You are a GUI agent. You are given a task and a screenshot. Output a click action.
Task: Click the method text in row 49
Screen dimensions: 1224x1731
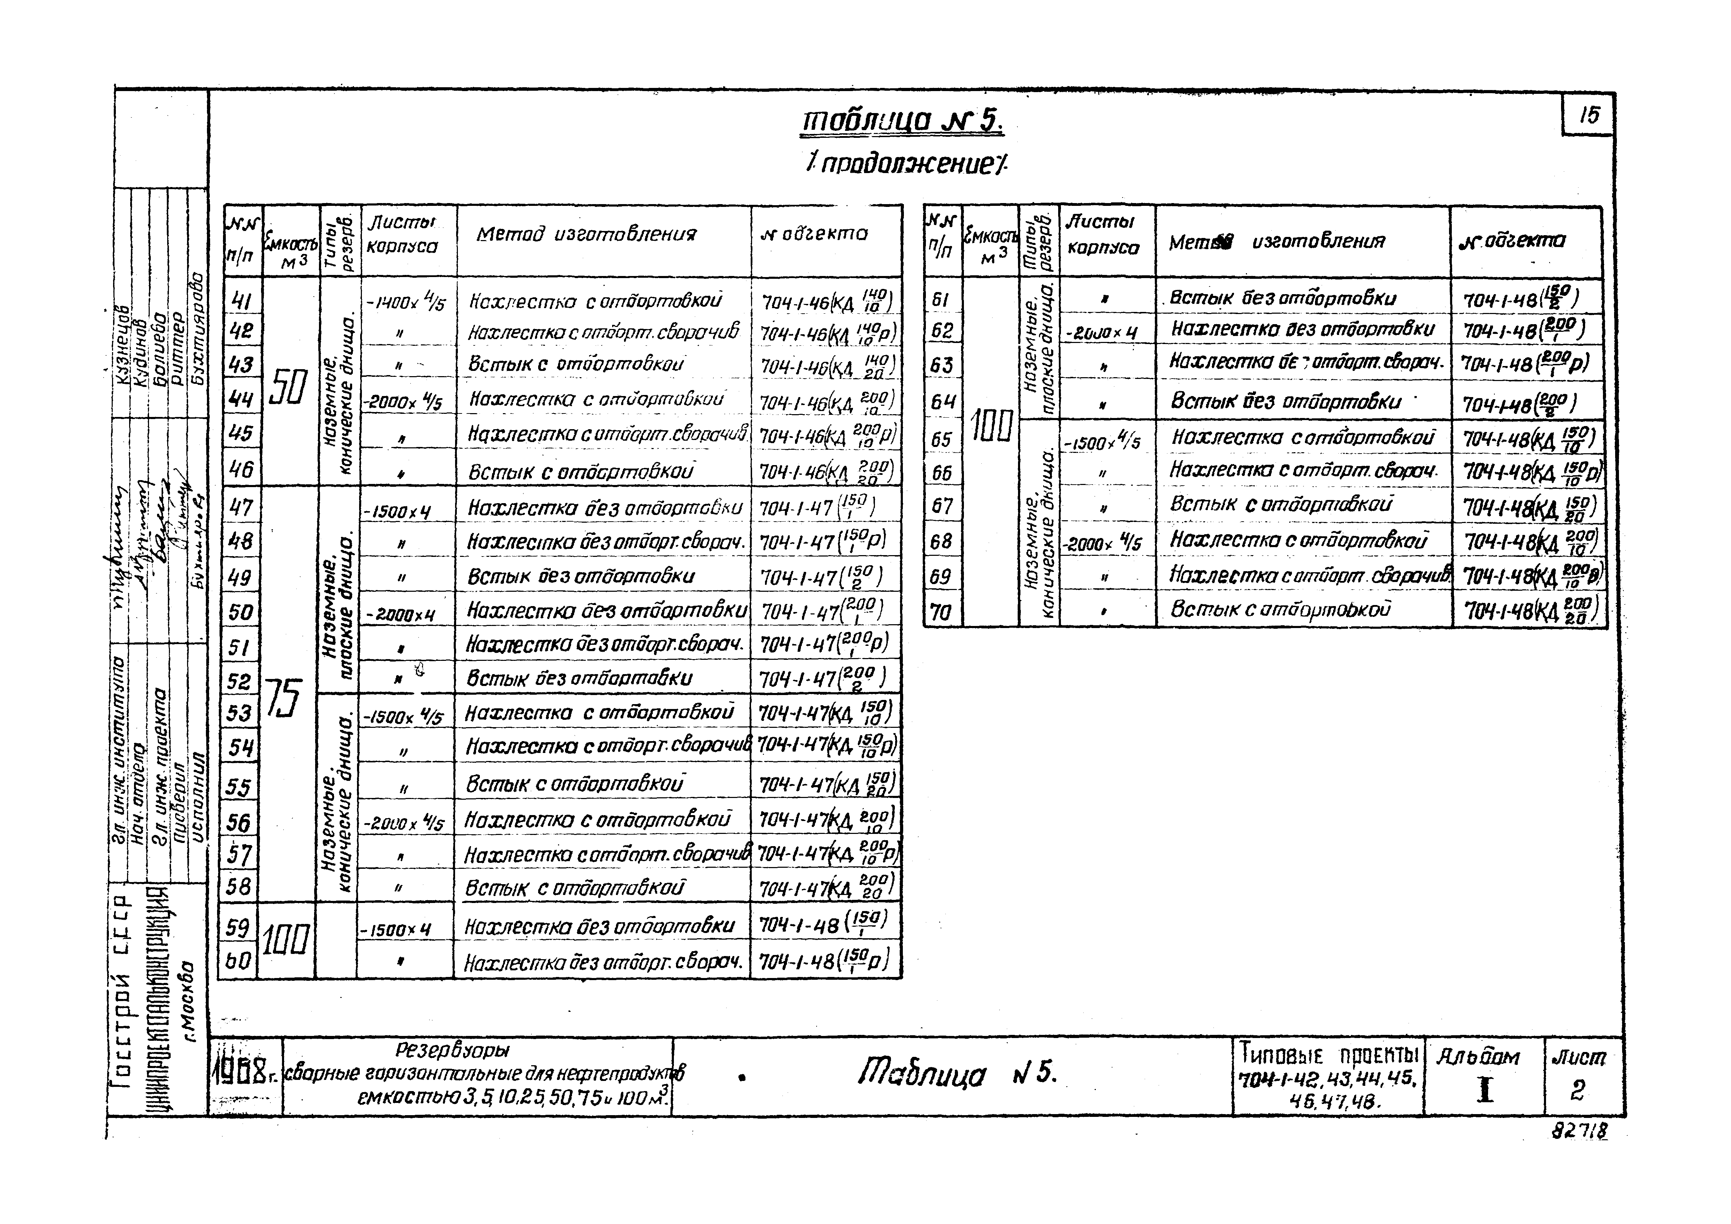tap(580, 576)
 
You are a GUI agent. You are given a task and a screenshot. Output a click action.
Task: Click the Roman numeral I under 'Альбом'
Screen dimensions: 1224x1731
tap(1485, 1090)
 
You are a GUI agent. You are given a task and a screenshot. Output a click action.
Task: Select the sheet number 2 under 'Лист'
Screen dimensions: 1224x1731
tap(1578, 1090)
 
